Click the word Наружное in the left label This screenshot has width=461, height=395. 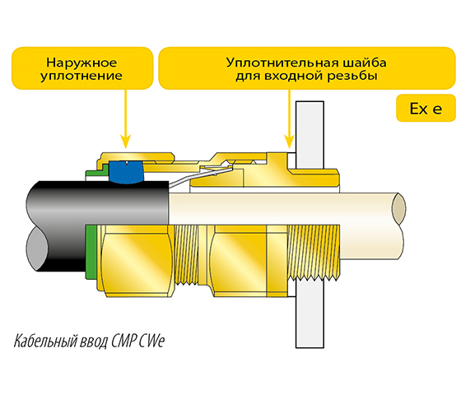(x=81, y=63)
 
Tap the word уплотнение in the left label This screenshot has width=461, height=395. (x=81, y=76)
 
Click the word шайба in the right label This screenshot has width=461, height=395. (x=365, y=63)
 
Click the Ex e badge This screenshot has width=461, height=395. (x=426, y=108)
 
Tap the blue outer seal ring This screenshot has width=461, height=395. (x=126, y=172)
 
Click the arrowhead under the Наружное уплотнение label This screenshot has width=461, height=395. (x=126, y=142)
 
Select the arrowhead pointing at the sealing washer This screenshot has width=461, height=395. (x=290, y=142)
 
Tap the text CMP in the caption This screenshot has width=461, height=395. (x=123, y=341)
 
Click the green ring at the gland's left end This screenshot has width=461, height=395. (x=91, y=252)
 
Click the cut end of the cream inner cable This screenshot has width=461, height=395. (x=398, y=208)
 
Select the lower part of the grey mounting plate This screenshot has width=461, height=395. (x=310, y=314)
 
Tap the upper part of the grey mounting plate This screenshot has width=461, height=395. (x=310, y=135)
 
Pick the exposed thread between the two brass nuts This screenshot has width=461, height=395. (x=187, y=254)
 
